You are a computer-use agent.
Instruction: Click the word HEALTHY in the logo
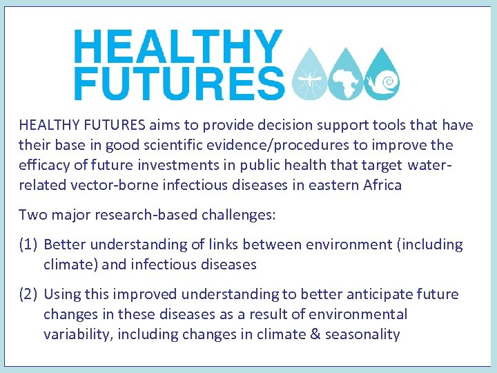click(x=177, y=47)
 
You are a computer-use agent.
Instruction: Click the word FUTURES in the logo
click(x=179, y=84)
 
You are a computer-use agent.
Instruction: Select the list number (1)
click(x=29, y=245)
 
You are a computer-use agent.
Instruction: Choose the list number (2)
click(x=29, y=294)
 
